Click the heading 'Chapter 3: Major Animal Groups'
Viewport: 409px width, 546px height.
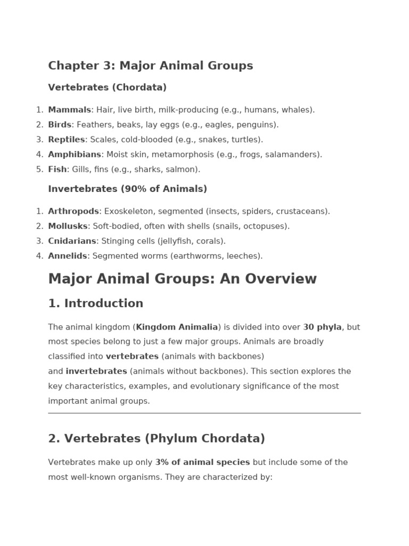pyautogui.click(x=150, y=66)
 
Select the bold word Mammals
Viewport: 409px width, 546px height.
pyautogui.click(x=69, y=110)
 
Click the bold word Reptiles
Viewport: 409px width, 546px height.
pyautogui.click(x=66, y=140)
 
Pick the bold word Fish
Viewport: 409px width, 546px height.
pyautogui.click(x=58, y=170)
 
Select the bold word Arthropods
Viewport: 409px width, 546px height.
pyautogui.click(x=73, y=211)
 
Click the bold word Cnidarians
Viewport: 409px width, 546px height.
pyautogui.click(x=72, y=241)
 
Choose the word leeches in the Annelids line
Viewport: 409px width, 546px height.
pyautogui.click(x=243, y=256)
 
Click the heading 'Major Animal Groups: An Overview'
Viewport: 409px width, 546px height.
pyautogui.click(x=182, y=279)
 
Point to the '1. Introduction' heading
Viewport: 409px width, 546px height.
pyautogui.click(x=95, y=303)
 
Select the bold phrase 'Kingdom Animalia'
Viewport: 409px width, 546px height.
pyautogui.click(x=177, y=327)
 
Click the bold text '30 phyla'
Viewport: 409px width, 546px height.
pyautogui.click(x=322, y=327)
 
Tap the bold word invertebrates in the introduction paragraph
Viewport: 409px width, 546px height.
pyautogui.click(x=96, y=371)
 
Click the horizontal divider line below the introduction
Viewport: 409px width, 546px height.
pyautogui.click(x=204, y=413)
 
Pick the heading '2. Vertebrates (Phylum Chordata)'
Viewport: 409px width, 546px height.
pyautogui.click(x=157, y=438)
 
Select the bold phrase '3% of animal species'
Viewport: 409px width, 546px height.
pyautogui.click(x=202, y=462)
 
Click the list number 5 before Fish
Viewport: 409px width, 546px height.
pyautogui.click(x=39, y=170)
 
